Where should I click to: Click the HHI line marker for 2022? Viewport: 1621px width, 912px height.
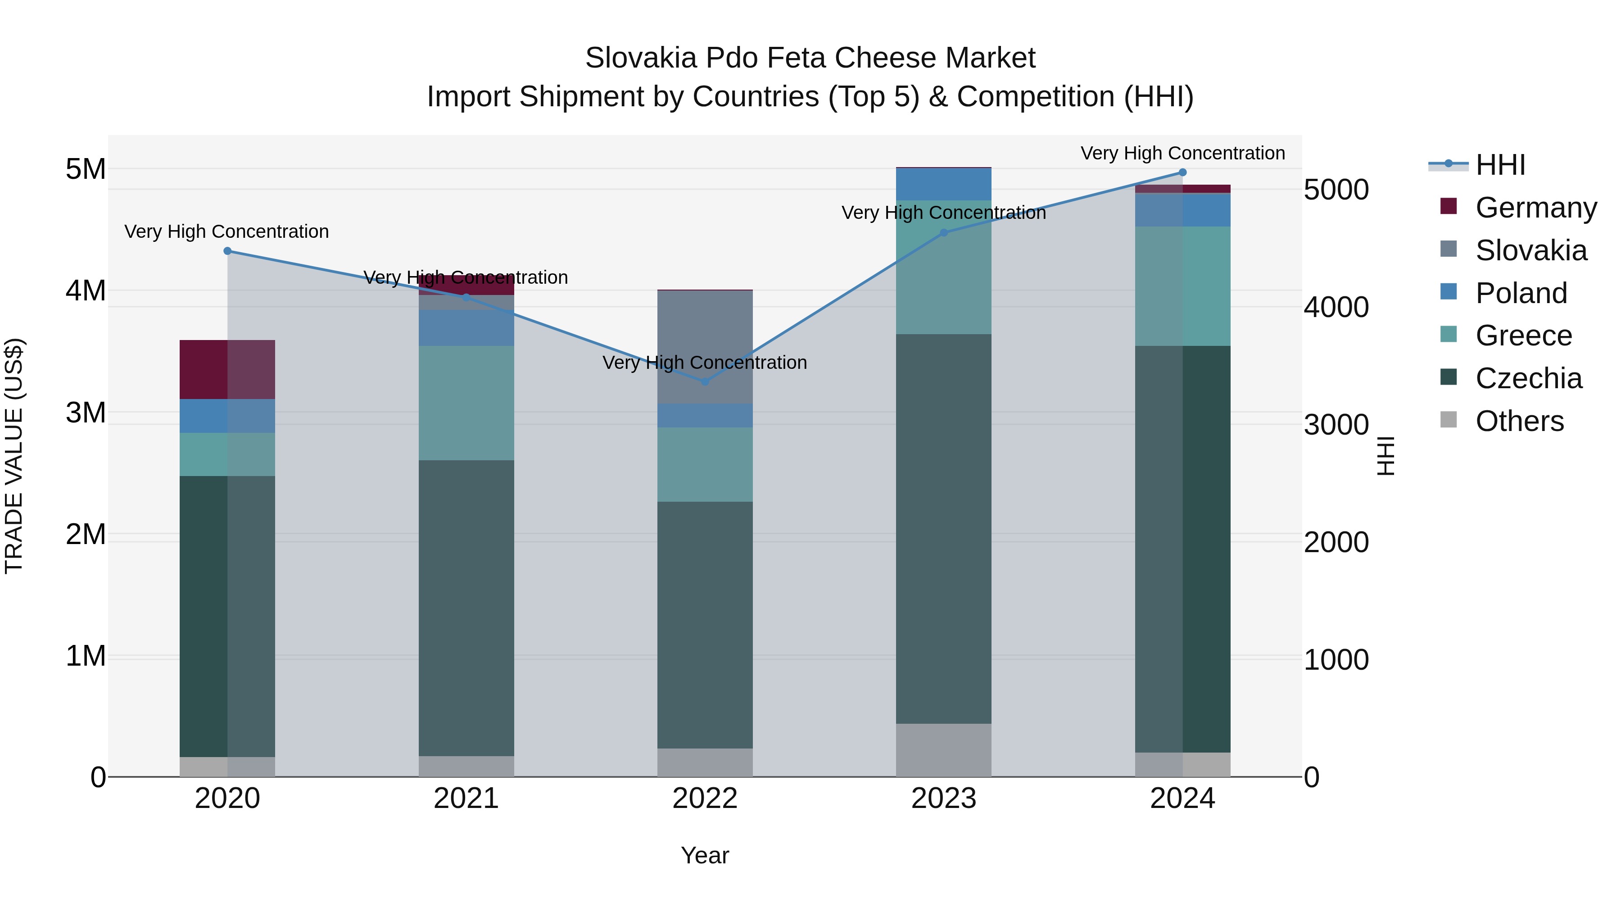click(x=705, y=381)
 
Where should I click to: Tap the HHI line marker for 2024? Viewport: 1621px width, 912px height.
click(x=1182, y=172)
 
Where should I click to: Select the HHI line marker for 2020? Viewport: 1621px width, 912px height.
click(x=228, y=251)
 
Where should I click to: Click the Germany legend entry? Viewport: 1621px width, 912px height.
click(x=1535, y=208)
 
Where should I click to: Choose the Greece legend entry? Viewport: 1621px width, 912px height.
click(x=1523, y=336)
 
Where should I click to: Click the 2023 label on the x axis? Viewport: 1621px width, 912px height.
click(x=943, y=799)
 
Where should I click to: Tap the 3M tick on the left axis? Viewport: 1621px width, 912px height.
click(x=86, y=413)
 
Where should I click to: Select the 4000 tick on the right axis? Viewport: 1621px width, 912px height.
click(x=1336, y=307)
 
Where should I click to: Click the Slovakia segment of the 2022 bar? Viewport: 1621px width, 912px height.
click(x=705, y=347)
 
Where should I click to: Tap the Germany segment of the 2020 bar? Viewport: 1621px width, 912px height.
click(x=227, y=369)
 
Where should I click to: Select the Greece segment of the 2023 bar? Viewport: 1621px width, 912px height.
click(x=943, y=268)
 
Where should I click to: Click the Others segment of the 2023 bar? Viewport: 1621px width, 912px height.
click(x=943, y=750)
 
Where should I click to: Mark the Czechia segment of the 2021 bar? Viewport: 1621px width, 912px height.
click(x=466, y=608)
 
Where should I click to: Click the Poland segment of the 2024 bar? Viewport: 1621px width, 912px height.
click(x=1182, y=210)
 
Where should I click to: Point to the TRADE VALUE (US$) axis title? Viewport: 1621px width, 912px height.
click(x=14, y=456)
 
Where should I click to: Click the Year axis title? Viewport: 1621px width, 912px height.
click(x=705, y=855)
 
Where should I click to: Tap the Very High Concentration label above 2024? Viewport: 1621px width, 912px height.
click(x=1182, y=153)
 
